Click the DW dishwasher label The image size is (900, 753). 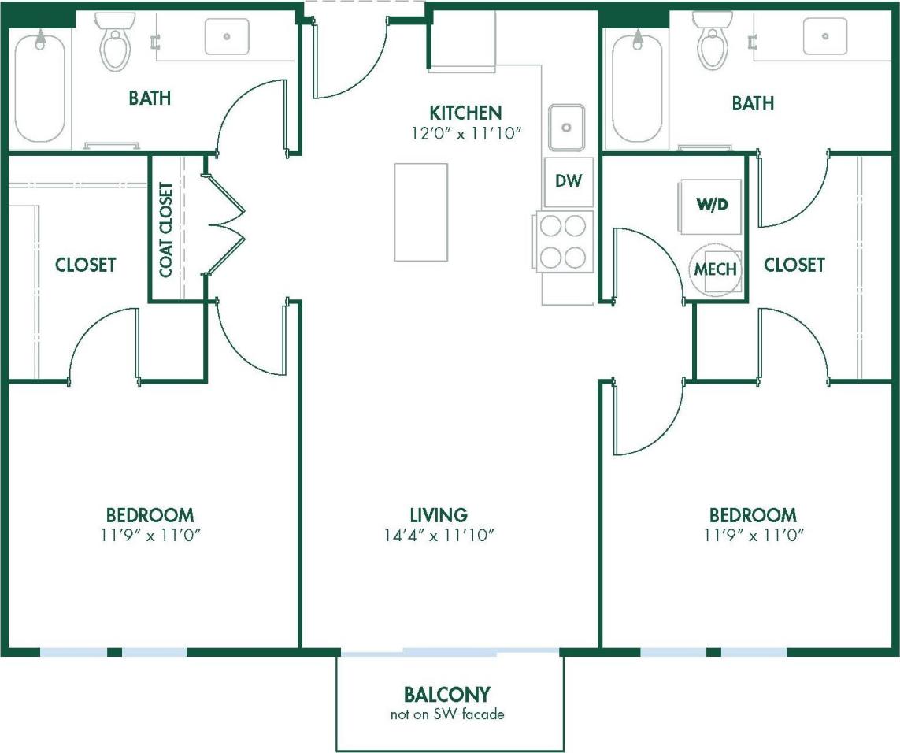568,180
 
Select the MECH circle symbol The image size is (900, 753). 715,269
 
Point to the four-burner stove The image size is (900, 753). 564,242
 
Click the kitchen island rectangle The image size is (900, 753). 420,212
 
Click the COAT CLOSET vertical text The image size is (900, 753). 166,229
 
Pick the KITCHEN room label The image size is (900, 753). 465,113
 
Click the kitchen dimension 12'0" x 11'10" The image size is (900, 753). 465,133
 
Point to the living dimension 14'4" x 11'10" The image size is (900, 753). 439,536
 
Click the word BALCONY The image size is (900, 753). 446,695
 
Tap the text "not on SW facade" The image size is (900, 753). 446,715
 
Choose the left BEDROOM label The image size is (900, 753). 150,515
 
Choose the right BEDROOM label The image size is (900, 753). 753,515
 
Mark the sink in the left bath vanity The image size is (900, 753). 227,36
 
